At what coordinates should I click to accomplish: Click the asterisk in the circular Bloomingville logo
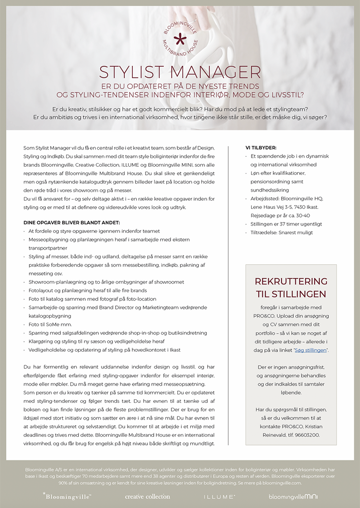pos(180,38)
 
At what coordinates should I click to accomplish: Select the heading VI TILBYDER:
pos(261,148)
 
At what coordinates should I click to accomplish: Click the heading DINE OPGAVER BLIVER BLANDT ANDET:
pos(72,223)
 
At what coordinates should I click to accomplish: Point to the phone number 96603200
pos(306,435)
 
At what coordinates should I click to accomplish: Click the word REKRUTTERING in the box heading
pos(291,281)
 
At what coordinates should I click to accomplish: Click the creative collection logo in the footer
pos(147,497)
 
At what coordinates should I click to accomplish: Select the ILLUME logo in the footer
pos(219,497)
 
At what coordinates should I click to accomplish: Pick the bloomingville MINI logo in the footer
pos(293,497)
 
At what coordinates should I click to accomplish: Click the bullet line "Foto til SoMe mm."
pos(50,324)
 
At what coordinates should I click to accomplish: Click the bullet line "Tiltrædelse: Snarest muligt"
pos(282,232)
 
